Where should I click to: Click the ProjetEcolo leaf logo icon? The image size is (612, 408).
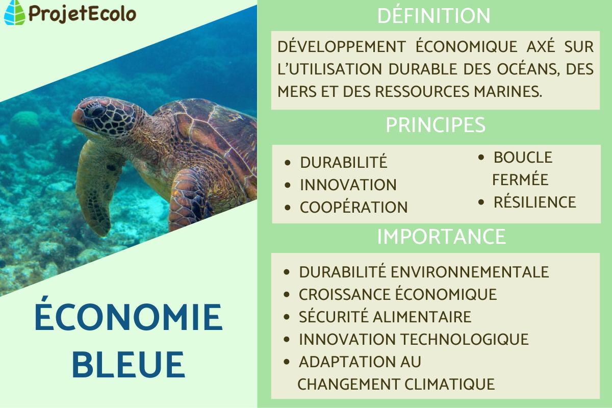click(x=14, y=13)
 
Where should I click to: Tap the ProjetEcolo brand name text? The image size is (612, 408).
click(x=81, y=13)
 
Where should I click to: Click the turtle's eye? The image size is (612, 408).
click(x=95, y=110)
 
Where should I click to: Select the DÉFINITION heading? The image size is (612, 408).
click(x=433, y=16)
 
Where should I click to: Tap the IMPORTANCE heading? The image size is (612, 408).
click(x=441, y=237)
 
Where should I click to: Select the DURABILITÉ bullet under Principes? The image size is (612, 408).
click(x=344, y=162)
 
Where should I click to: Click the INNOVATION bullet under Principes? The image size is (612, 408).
click(x=348, y=185)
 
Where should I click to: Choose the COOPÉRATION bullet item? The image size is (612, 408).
click(x=353, y=208)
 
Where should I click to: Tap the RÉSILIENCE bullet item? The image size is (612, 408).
click(x=534, y=202)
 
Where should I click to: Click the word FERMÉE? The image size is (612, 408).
click(x=520, y=180)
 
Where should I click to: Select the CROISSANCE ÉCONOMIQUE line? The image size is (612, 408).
click(x=398, y=294)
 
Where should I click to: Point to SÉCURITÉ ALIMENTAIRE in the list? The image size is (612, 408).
click(x=385, y=317)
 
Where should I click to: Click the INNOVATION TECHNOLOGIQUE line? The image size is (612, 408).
click(x=414, y=339)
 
